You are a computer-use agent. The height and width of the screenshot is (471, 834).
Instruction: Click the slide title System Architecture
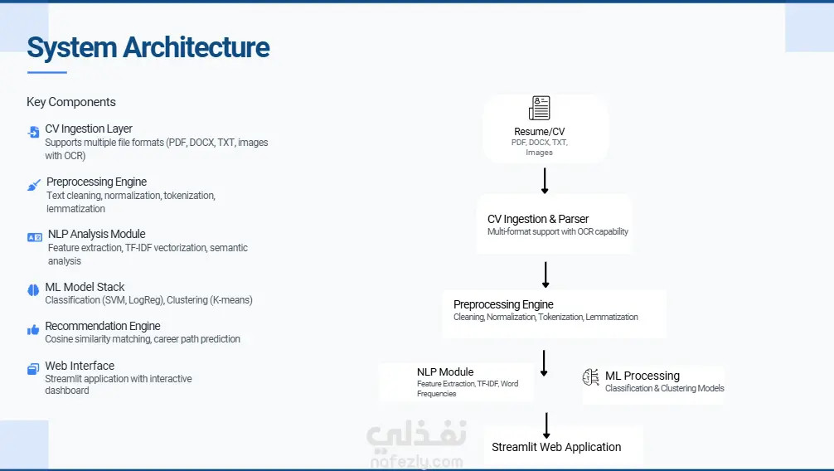pos(148,47)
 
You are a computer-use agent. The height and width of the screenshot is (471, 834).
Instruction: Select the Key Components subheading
pos(71,102)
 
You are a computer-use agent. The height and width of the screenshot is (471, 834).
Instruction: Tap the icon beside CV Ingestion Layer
pos(33,132)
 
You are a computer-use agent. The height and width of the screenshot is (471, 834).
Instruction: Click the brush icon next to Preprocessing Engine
pos(34,185)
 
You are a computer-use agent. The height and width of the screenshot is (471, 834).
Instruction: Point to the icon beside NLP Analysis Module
pos(34,237)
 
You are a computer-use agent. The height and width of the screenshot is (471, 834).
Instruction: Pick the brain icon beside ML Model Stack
pos(33,289)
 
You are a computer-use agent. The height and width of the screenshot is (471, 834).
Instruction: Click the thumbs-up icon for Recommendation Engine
pos(33,329)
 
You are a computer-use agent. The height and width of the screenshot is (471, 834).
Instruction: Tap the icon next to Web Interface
pos(33,369)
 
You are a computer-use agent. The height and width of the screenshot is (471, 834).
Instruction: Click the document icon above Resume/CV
pos(540,108)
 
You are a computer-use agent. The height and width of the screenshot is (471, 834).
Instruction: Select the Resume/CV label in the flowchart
pos(540,132)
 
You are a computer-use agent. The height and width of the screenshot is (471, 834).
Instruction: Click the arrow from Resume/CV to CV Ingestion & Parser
pos(545,181)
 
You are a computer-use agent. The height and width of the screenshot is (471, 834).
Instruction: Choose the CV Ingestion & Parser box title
pos(538,219)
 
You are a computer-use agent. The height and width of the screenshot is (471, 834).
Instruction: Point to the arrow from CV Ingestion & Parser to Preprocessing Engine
pos(545,274)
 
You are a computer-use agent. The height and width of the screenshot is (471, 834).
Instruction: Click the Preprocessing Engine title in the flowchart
pos(503,304)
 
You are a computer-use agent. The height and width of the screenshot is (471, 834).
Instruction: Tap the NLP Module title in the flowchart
pos(445,372)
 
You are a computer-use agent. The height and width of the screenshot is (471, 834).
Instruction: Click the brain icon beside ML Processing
pos(591,377)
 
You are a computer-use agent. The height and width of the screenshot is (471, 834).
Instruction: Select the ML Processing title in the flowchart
pos(642,376)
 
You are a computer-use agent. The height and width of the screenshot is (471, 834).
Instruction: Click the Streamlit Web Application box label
pos(556,447)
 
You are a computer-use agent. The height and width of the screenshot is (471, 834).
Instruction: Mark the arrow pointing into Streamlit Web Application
pos(546,425)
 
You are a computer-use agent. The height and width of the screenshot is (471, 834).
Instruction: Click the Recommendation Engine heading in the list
pos(103,326)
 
